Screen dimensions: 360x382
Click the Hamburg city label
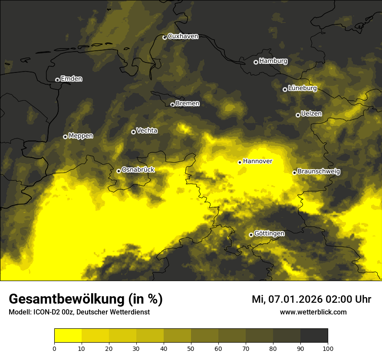coord(273,61)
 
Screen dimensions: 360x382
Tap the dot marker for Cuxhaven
coord(165,38)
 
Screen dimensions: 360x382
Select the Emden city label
coord(71,79)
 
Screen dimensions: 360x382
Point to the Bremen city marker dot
coord(172,105)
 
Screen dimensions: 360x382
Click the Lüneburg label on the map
coord(302,88)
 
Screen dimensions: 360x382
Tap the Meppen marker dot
coord(65,137)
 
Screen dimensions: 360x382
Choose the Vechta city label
coord(147,131)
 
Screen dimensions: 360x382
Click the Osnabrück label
coord(138,170)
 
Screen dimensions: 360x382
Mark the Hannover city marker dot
coord(240,162)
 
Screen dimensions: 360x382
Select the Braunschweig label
coord(319,172)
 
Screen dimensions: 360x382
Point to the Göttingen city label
coord(269,234)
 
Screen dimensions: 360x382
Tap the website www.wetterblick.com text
coord(313,312)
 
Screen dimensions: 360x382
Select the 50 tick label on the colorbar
coord(191,348)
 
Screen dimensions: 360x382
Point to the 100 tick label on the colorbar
coord(328,348)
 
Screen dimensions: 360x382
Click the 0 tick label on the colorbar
coord(54,348)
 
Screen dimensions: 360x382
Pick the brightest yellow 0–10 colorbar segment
coord(68,336)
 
